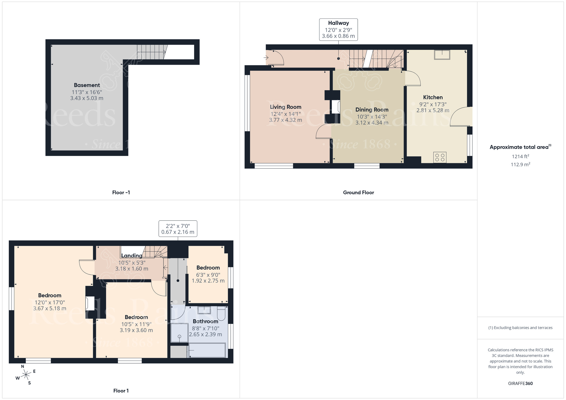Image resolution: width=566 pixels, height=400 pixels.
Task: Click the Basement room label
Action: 87,85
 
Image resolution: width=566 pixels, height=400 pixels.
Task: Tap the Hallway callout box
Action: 338,30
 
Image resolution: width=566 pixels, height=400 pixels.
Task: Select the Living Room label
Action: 285,107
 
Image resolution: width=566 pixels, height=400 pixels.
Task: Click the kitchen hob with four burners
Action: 440,158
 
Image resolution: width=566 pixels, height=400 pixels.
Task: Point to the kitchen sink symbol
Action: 442,55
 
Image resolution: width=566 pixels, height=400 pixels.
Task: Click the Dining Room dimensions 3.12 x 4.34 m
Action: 372,123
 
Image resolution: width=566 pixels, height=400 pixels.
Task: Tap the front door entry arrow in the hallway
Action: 266,58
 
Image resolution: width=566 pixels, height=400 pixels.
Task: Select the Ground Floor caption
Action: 358,193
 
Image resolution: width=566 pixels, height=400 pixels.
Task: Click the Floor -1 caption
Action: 121,193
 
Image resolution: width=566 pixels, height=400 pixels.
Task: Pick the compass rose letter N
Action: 23,366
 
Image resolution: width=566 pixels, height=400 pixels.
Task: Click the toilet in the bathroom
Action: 221,314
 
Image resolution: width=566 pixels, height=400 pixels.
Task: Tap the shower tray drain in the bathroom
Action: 179,336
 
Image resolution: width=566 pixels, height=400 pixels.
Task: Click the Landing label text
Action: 132,255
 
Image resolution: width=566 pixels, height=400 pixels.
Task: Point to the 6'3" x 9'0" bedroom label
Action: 208,268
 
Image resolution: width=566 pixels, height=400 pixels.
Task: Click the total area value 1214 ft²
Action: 520,156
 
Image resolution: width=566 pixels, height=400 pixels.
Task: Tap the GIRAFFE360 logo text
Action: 520,384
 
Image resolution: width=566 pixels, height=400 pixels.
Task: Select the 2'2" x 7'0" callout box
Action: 178,229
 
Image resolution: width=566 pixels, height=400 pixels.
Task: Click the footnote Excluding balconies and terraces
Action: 520,328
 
